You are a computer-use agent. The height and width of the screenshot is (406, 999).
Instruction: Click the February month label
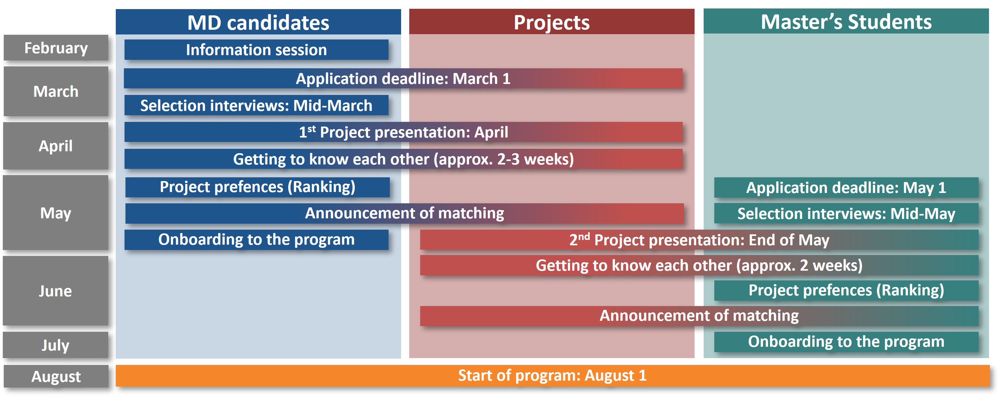pos(56,48)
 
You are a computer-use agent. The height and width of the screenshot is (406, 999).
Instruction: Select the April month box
pos(56,146)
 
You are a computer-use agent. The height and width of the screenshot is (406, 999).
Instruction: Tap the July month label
pos(56,345)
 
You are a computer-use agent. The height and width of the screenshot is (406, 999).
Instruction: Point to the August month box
pos(56,376)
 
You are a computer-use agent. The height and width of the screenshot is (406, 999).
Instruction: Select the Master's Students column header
pos(846,21)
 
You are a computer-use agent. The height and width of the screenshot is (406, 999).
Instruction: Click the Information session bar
pos(256,50)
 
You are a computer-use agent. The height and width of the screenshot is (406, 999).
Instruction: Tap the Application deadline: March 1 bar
pos(403,78)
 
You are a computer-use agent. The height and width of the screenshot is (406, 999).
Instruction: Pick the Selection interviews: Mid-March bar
pos(256,105)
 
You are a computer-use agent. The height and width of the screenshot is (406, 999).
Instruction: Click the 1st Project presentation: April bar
pos(403,132)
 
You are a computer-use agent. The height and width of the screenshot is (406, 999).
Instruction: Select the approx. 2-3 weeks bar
pos(403,159)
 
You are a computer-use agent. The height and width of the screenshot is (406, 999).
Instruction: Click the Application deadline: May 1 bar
pos(846,187)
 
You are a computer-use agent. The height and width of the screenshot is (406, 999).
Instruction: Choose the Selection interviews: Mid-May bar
pos(846,213)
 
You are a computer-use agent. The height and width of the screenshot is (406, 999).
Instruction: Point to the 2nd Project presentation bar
pos(699,240)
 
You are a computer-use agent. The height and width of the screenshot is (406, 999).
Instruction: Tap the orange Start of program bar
pos(553,375)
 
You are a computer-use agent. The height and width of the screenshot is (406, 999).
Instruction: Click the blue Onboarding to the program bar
pos(256,239)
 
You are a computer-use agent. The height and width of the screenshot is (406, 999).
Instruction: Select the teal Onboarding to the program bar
pos(846,341)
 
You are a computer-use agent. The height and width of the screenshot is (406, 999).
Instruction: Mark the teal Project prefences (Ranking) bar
pos(846,290)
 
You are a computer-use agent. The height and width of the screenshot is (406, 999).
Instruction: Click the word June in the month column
pos(55,291)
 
